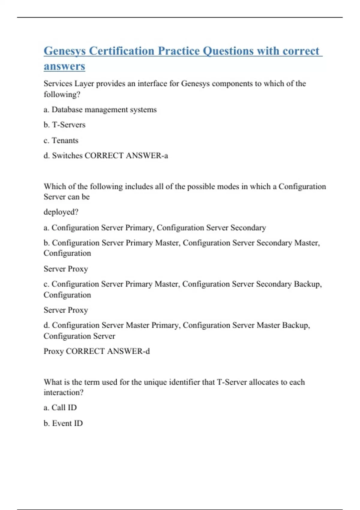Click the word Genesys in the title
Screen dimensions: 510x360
[x=64, y=51]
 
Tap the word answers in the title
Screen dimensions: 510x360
[x=64, y=66]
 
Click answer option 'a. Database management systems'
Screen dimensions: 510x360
[x=100, y=110]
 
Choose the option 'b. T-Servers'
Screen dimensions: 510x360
[x=64, y=125]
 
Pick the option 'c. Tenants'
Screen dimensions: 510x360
[x=61, y=140]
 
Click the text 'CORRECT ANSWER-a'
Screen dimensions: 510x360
[x=126, y=156]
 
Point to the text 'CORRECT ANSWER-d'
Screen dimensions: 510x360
[x=108, y=351]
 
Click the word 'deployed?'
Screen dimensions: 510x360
[x=61, y=212]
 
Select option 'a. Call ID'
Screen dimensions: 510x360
[x=60, y=408]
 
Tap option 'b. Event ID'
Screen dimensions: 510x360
[x=63, y=423]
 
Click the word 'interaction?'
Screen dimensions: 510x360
[x=63, y=392]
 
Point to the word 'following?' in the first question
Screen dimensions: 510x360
[x=62, y=94]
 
